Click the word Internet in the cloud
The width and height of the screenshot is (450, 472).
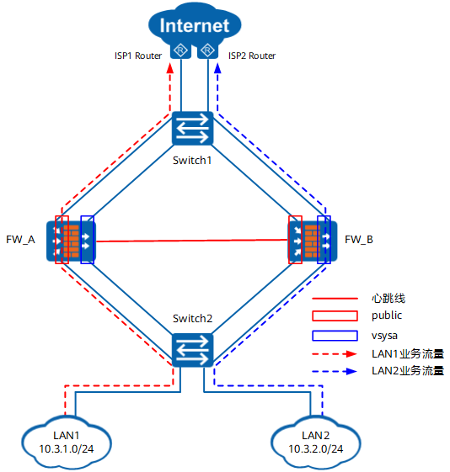point(195,25)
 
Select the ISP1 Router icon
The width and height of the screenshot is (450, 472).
point(180,50)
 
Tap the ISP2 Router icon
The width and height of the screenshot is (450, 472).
point(207,50)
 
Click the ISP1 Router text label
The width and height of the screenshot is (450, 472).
point(138,56)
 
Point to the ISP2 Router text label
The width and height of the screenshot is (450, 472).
point(252,56)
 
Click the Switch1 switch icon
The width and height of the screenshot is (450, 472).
point(192,128)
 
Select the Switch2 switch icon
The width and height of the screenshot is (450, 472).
point(192,350)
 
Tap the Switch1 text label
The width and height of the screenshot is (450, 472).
point(192,161)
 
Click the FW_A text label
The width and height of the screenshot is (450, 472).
point(20,240)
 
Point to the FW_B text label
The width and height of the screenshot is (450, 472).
point(359,240)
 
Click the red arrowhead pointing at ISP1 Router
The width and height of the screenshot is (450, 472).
point(170,68)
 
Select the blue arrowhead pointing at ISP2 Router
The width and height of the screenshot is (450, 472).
point(217,68)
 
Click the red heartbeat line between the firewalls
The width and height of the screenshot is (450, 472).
point(191,241)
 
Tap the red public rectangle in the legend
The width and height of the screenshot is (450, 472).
point(335,316)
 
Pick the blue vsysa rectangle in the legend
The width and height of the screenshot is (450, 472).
point(335,336)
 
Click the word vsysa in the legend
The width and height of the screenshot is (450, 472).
point(384,336)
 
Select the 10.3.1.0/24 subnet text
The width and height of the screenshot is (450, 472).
point(67,448)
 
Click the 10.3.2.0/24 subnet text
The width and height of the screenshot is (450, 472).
point(315,448)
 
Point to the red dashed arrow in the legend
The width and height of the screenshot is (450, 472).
point(335,354)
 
